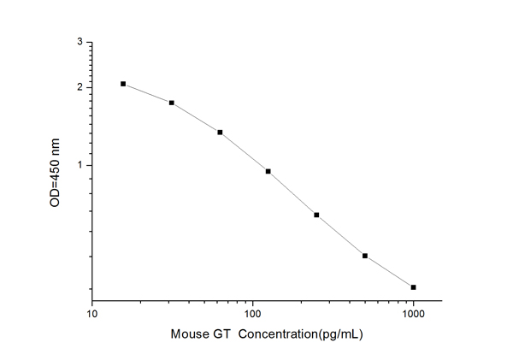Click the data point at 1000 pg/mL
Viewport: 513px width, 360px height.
pos(414,287)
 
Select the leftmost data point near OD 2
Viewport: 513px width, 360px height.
pos(123,84)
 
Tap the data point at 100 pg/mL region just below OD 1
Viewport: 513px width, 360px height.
pos(268,171)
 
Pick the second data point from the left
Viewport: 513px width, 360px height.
pos(172,103)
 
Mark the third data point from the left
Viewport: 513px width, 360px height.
pos(220,133)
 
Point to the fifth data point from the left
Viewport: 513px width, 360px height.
pos(316,215)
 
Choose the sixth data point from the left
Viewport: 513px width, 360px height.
pos(365,256)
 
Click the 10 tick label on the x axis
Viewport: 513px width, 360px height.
pos(92,314)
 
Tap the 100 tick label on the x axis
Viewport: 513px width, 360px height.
pos(252,314)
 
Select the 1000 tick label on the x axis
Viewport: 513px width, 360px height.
pos(414,314)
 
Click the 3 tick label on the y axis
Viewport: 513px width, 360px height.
pos(80,42)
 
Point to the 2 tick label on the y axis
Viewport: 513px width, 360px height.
pos(80,87)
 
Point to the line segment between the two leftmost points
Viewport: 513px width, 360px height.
pos(147,93)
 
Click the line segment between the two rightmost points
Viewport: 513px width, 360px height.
pos(389,272)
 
